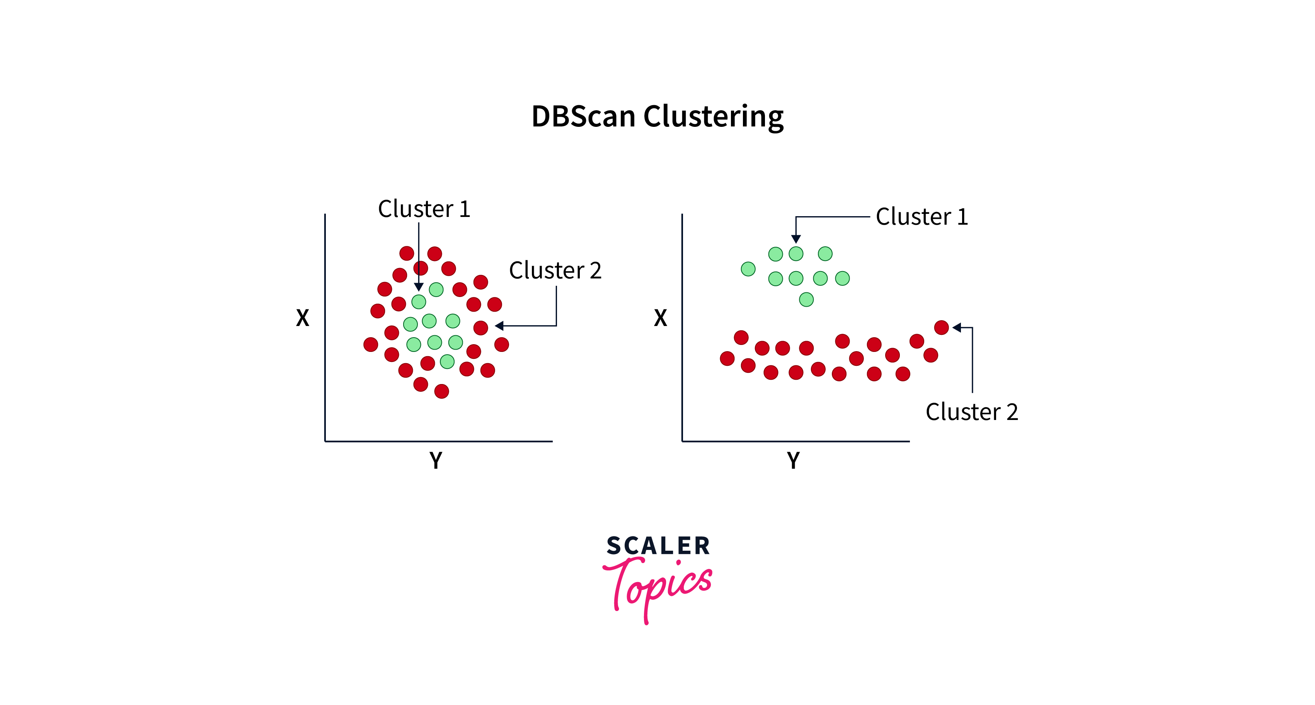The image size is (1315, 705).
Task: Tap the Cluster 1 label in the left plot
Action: pos(424,209)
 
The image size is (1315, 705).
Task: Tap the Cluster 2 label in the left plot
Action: pos(555,270)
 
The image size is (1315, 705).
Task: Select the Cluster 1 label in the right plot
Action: pos(922,217)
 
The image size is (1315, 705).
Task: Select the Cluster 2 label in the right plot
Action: pos(971,412)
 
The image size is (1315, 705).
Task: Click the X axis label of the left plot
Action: pos(303,318)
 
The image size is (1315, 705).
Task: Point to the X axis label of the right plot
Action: pos(661,318)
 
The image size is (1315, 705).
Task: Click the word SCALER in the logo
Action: pos(658,546)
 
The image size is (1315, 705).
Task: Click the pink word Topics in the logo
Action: pos(659,587)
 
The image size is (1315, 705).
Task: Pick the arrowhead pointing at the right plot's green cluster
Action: pos(796,239)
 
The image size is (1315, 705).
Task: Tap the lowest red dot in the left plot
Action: pos(441,391)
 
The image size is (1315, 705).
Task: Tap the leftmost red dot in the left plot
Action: pos(371,344)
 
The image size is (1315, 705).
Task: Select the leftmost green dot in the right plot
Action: pos(748,269)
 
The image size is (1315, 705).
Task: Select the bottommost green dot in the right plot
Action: pos(806,299)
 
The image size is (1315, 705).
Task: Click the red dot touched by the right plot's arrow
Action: pos(941,328)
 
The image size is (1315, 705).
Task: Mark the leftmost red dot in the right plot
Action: pos(727,358)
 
